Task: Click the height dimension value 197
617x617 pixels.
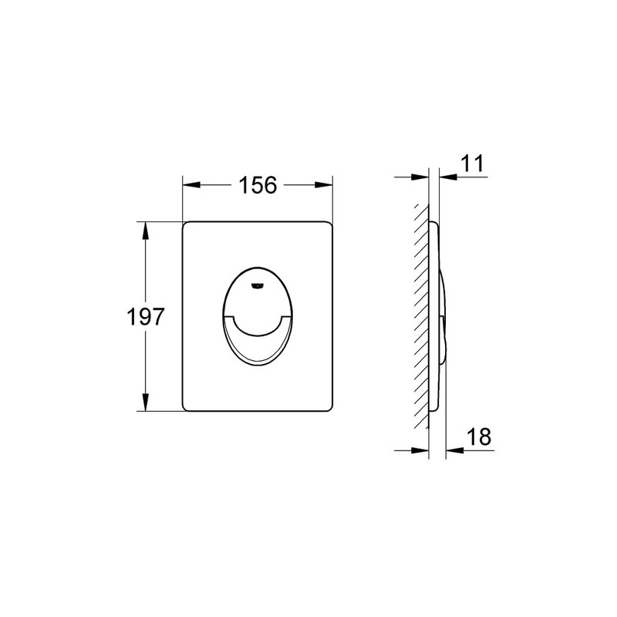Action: pyautogui.click(x=144, y=316)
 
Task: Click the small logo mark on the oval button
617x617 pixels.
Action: pyautogui.click(x=256, y=286)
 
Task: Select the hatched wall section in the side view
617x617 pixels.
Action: pyautogui.click(x=421, y=316)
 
